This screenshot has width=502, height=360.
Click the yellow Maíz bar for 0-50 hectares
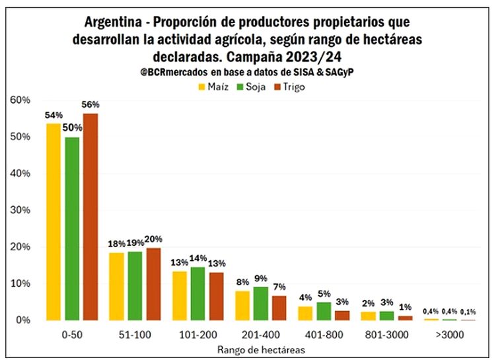(53, 221)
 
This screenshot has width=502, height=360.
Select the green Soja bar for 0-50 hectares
(72, 228)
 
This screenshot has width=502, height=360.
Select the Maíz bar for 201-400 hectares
(243, 305)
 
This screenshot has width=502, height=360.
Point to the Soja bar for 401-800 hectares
(325, 311)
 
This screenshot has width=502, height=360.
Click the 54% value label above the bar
(54, 116)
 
